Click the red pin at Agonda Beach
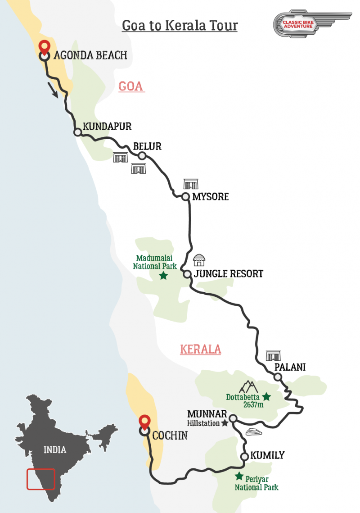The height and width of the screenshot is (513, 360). tap(44, 47)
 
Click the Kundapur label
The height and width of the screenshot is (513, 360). tap(107, 127)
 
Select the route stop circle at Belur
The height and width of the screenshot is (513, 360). tap(142, 156)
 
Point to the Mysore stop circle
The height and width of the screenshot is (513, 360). tap(185, 196)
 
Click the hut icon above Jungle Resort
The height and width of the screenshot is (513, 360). tap(199, 260)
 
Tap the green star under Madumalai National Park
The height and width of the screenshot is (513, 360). tap(163, 275)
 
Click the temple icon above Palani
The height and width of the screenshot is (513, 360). tap(273, 356)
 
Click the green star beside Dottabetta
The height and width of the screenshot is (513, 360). tap(266, 396)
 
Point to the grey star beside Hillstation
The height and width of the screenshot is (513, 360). tap(225, 423)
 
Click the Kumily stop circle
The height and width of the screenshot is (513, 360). tap(244, 456)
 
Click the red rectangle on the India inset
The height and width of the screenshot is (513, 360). tap(40, 479)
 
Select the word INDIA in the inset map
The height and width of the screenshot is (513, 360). tap(55, 449)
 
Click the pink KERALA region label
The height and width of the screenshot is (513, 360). tap(200, 349)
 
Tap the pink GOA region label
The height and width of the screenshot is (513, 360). tap(131, 86)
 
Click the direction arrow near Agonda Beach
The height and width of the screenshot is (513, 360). tap(53, 91)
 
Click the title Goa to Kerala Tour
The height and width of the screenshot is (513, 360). tap(180, 26)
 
